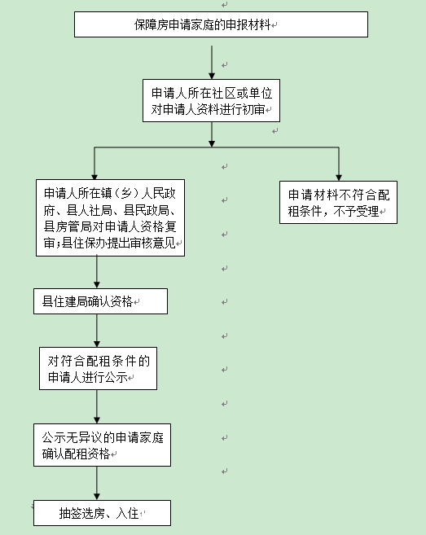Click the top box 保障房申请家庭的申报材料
[x=210, y=24]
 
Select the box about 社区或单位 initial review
[x=211, y=100]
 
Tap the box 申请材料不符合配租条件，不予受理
[x=338, y=203]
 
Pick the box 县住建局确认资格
[x=100, y=301]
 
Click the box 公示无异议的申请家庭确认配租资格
[x=102, y=445]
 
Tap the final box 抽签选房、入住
[x=102, y=513]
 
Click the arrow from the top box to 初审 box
[x=212, y=61]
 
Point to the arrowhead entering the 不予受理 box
[x=339, y=174]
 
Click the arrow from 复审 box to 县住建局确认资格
[x=97, y=273]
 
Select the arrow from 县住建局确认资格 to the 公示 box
[x=97, y=331]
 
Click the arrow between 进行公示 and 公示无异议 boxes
[x=97, y=407]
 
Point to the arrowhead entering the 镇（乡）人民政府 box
[x=94, y=174]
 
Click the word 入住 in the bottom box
[x=128, y=514]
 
